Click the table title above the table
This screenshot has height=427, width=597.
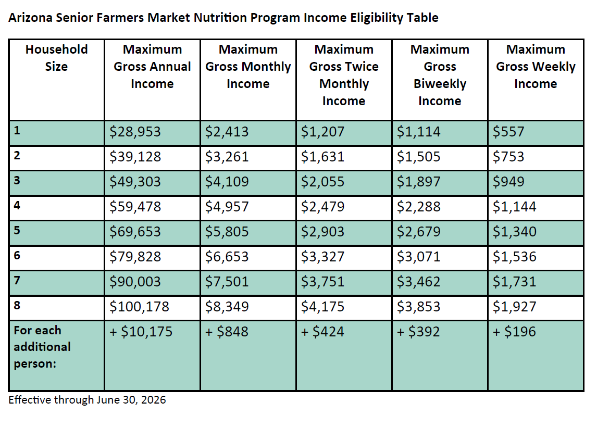(x=223, y=18)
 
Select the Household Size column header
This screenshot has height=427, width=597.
(x=56, y=58)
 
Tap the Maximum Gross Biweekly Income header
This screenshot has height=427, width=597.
(x=440, y=75)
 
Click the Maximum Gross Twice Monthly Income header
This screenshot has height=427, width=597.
(x=344, y=75)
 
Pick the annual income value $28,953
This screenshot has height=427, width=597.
(x=135, y=132)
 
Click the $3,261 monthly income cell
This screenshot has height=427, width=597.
(x=227, y=157)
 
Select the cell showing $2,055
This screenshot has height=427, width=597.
(x=322, y=182)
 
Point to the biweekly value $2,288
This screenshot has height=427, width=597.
(x=418, y=207)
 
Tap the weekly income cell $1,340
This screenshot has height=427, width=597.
(x=514, y=232)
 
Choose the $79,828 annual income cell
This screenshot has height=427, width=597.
(x=135, y=257)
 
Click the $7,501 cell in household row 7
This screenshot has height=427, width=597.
(x=227, y=282)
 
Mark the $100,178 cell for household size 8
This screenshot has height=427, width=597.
(x=140, y=307)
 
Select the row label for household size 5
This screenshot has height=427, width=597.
(x=17, y=230)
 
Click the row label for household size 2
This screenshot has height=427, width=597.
(x=17, y=155)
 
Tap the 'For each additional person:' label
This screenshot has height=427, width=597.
(x=42, y=347)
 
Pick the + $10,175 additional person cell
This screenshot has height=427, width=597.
(x=141, y=332)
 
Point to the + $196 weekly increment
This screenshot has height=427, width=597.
(x=514, y=332)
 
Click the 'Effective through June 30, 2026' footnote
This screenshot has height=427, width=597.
(x=88, y=400)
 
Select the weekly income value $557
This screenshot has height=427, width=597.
(x=508, y=132)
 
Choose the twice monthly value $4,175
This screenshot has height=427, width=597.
(x=322, y=307)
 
